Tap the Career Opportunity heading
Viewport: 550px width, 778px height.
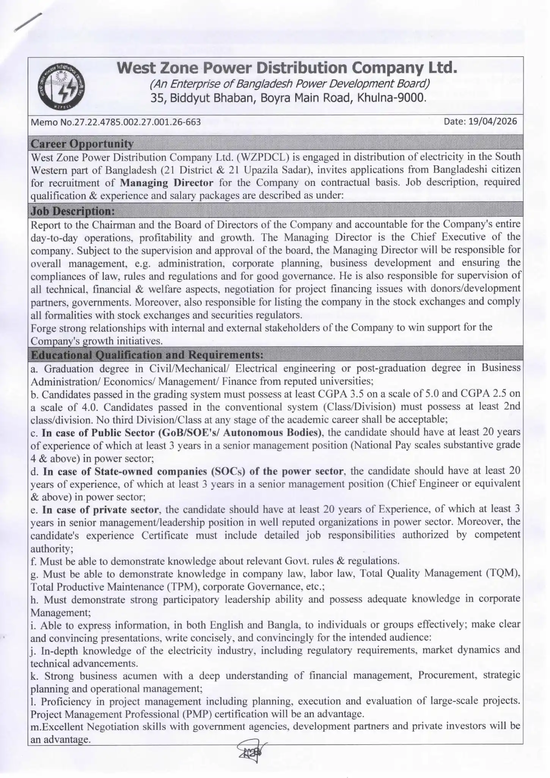pos(82,144)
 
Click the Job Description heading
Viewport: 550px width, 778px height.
pos(72,211)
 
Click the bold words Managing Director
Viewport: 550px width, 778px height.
pos(167,183)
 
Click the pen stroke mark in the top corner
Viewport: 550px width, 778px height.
pos(28,23)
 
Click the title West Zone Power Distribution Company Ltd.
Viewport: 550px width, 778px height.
pos(287,68)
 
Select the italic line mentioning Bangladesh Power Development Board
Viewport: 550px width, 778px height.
pos(290,84)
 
